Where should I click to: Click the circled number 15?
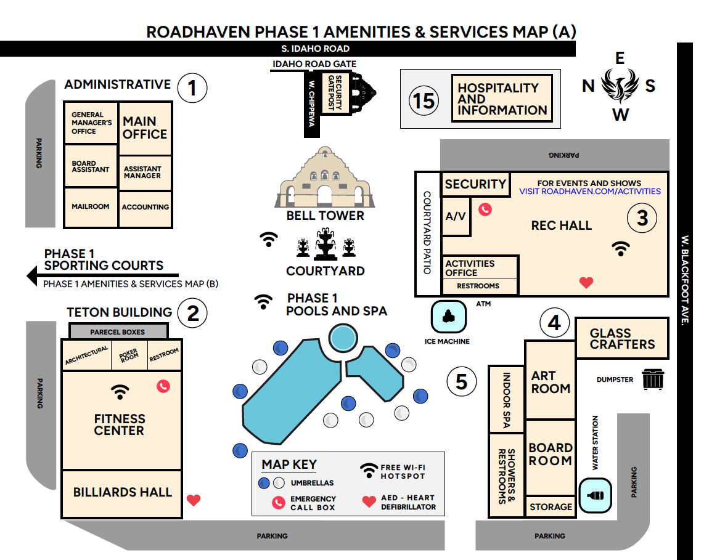click(x=424, y=100)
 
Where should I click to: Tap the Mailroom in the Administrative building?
click(x=90, y=207)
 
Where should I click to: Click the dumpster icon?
click(x=652, y=379)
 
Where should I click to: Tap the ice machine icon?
click(x=448, y=316)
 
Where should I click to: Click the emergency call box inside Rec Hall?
click(x=486, y=209)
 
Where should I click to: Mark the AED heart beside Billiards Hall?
click(x=194, y=500)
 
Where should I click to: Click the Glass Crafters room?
click(x=621, y=338)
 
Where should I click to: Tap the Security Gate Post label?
click(x=335, y=92)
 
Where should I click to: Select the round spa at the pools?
click(x=342, y=337)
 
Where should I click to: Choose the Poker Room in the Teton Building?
click(x=129, y=355)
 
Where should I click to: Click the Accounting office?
click(x=145, y=208)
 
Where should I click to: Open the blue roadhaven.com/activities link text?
click(x=589, y=192)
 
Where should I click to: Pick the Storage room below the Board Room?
click(x=551, y=506)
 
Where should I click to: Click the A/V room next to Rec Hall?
click(x=456, y=216)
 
